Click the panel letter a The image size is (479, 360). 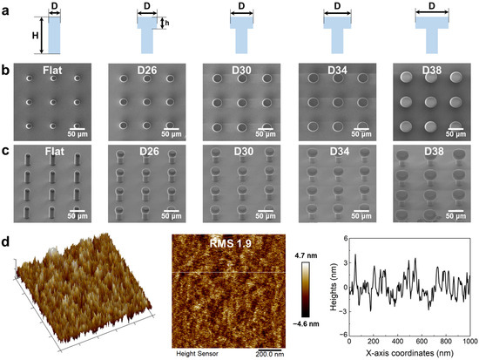tap(7, 9)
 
